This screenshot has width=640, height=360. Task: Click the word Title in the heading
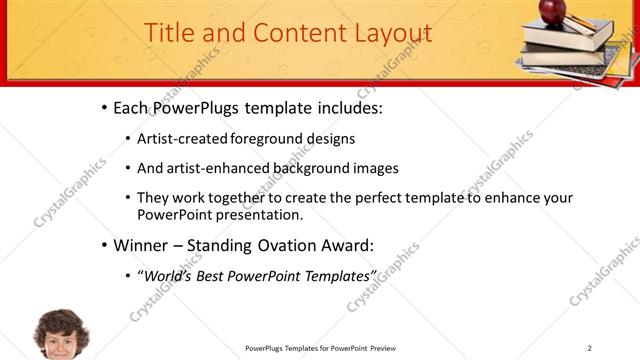click(170, 33)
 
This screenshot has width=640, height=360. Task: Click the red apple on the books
click(553, 11)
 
